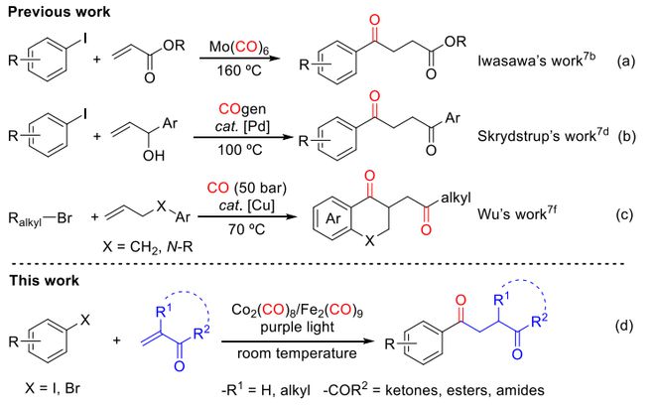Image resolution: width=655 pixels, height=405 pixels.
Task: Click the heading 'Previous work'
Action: pos(59,12)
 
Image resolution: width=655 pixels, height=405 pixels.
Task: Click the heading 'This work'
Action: pos(45,280)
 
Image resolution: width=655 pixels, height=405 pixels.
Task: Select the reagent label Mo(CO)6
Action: pos(239,47)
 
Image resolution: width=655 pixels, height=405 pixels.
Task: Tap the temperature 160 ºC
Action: pos(239,70)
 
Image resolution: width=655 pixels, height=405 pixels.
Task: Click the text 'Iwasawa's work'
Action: pos(530,61)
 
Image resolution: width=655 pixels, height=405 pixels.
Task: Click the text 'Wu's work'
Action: pos(512,214)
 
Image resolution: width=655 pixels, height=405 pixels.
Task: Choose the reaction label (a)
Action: pos(625,62)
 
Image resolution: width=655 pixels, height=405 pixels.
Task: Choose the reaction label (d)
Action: pos(625,326)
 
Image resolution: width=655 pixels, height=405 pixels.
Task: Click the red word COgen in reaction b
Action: pos(242,109)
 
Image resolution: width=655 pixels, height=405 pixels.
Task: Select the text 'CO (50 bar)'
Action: pos(247,188)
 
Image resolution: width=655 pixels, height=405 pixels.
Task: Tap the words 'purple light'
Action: pos(297,328)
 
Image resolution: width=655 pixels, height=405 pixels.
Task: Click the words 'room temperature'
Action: pos(297,353)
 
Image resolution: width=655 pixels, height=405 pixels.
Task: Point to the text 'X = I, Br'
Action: pos(53,388)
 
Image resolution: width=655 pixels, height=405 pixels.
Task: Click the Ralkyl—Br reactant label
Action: pos(40,219)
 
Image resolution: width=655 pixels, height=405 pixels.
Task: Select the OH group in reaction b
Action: pos(153,156)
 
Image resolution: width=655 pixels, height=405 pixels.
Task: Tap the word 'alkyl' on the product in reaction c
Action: pos(456,198)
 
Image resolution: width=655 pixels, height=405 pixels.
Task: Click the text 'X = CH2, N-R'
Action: pos(148,247)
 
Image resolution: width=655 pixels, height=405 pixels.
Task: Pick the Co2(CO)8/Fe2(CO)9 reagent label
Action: pos(297,311)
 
